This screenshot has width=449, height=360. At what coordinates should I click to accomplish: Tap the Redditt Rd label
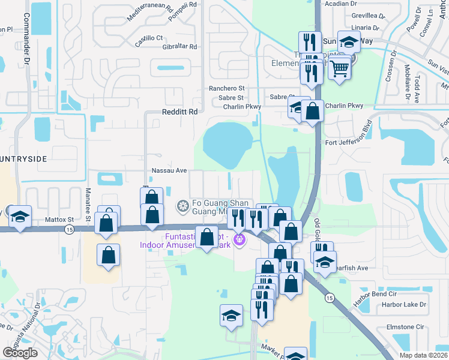[x=179, y=112]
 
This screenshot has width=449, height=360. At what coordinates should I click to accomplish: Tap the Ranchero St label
[x=227, y=88]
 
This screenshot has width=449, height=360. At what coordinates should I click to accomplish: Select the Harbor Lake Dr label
[x=403, y=305]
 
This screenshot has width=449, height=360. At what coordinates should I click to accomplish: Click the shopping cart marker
[x=340, y=69]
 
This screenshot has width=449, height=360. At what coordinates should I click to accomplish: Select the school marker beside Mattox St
[x=20, y=217]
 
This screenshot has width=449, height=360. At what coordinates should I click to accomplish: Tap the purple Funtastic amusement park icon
[x=240, y=239]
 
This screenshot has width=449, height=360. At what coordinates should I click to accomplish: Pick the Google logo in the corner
[x=20, y=352]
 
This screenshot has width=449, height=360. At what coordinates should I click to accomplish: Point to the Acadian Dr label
[x=340, y=4]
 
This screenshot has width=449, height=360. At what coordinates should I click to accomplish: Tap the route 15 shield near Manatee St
[x=71, y=230]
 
